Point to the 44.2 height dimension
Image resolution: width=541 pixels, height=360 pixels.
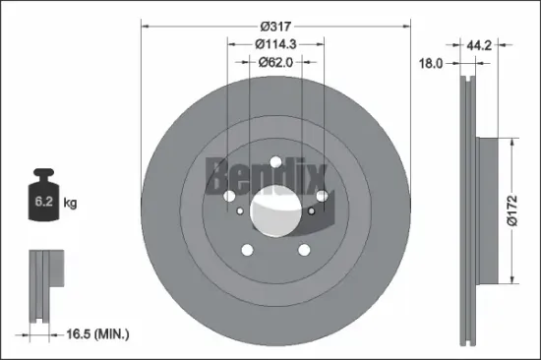[x=478, y=44]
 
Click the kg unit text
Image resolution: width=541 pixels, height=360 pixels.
[x=70, y=205]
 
